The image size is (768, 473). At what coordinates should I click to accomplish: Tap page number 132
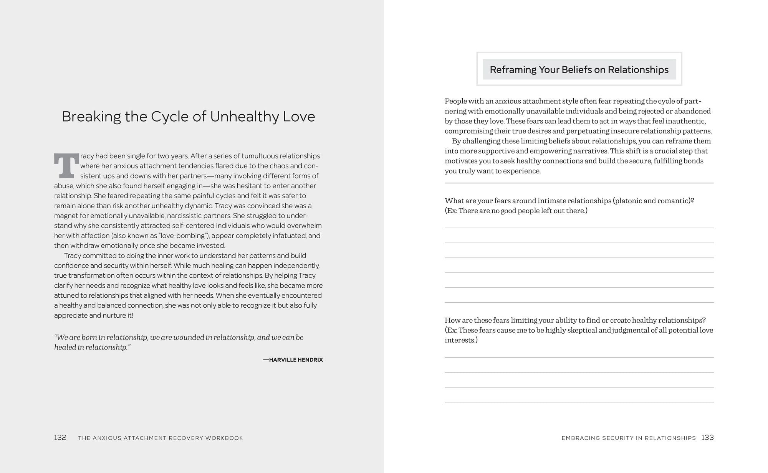[x=60, y=437]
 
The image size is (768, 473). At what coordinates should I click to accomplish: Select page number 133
[x=707, y=437]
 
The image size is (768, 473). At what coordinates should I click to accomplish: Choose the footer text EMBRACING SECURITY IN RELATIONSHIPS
[x=629, y=438]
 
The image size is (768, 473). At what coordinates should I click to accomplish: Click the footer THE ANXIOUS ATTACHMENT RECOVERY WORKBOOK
[x=161, y=438]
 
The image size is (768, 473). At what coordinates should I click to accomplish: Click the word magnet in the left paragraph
[x=66, y=216]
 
